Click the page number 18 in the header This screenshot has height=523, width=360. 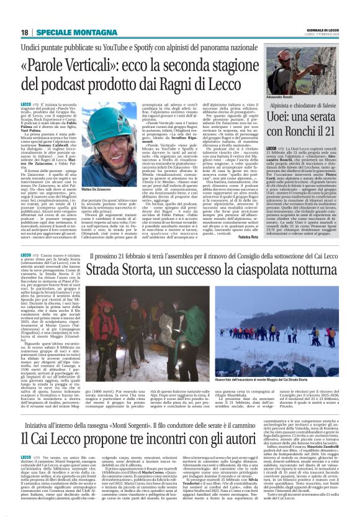(x=25, y=32)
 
